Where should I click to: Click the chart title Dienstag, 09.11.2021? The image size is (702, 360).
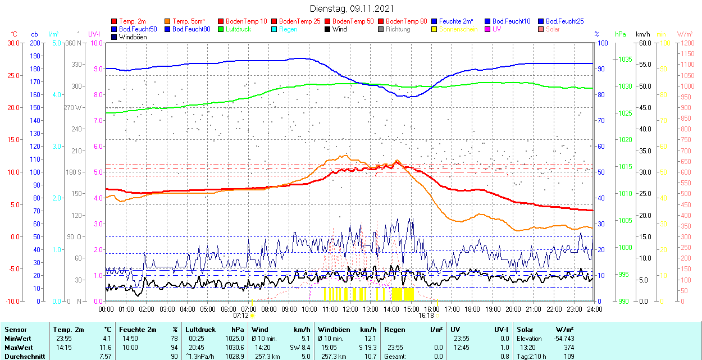point(352,8)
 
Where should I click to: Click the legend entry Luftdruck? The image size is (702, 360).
point(238,29)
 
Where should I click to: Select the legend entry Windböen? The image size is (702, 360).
point(133,37)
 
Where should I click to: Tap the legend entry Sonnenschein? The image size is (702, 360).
point(458,29)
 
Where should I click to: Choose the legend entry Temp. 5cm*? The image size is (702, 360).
point(188,21)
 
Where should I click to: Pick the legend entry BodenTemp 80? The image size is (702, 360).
point(407,21)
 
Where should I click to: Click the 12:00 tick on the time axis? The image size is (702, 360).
point(350,309)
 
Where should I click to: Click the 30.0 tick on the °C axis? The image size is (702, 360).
point(12,43)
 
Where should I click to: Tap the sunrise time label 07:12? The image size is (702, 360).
point(241,316)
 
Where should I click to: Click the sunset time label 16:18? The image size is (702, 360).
point(426,316)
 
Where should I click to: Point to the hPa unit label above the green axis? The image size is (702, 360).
point(620,34)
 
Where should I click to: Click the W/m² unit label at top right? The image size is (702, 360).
point(685,34)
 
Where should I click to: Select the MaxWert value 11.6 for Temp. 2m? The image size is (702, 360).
point(106,348)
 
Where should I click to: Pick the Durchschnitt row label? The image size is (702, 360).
point(22,357)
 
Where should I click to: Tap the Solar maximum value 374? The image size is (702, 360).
point(568,348)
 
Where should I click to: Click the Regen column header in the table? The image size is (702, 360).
point(394,330)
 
